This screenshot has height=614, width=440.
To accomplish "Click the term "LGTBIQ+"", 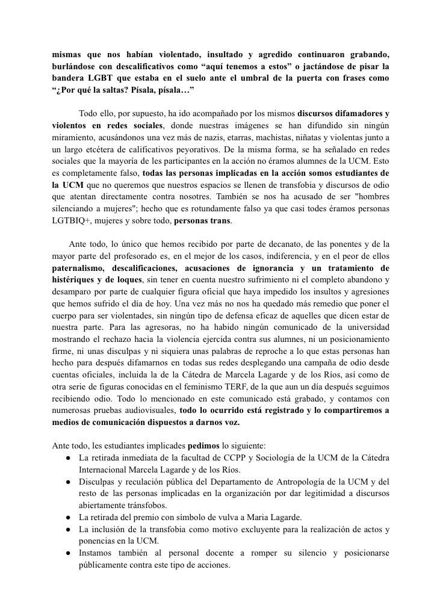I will click(69, 220).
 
